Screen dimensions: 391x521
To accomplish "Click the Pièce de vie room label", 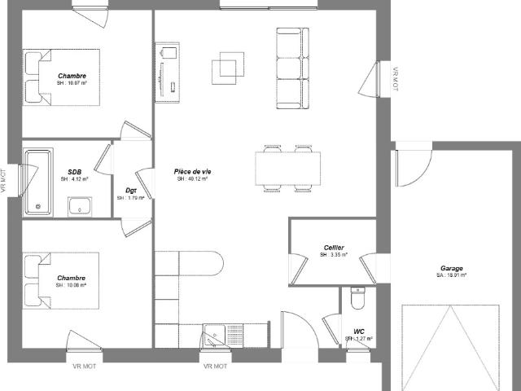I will [192, 171].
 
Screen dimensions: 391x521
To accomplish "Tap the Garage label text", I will [452, 268].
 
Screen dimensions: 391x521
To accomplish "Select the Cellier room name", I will [333, 248].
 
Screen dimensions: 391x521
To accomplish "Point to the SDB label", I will [74, 172].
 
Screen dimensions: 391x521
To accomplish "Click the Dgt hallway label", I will [130, 190].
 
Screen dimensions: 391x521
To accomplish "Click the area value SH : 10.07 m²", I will [72, 83].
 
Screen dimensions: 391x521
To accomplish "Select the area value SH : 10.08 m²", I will [72, 285].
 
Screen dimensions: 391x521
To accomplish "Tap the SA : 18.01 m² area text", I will [452, 275].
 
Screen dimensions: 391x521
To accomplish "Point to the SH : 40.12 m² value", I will [192, 178].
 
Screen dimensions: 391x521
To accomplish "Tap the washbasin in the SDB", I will [80, 209].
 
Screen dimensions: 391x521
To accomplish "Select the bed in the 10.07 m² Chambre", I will [60, 77].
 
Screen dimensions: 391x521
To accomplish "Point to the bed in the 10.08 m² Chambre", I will [60, 281].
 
